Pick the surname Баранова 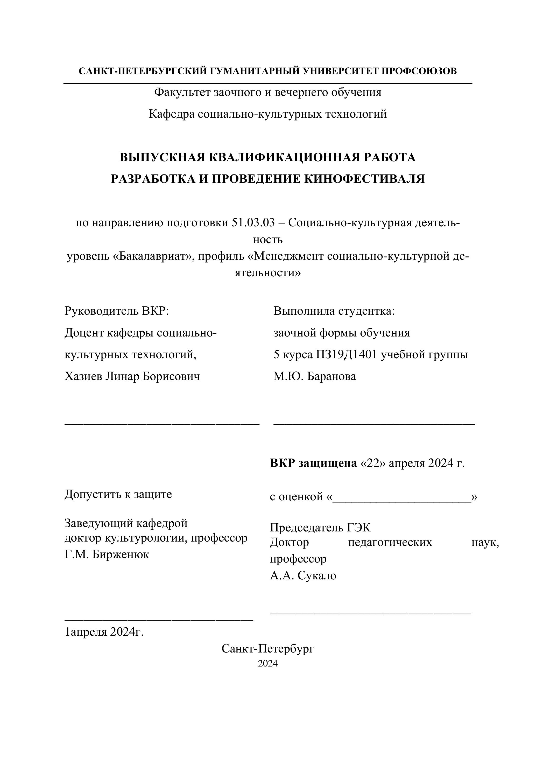tap(332, 376)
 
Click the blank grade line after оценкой tap(402, 497)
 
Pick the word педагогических tap(390, 542)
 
